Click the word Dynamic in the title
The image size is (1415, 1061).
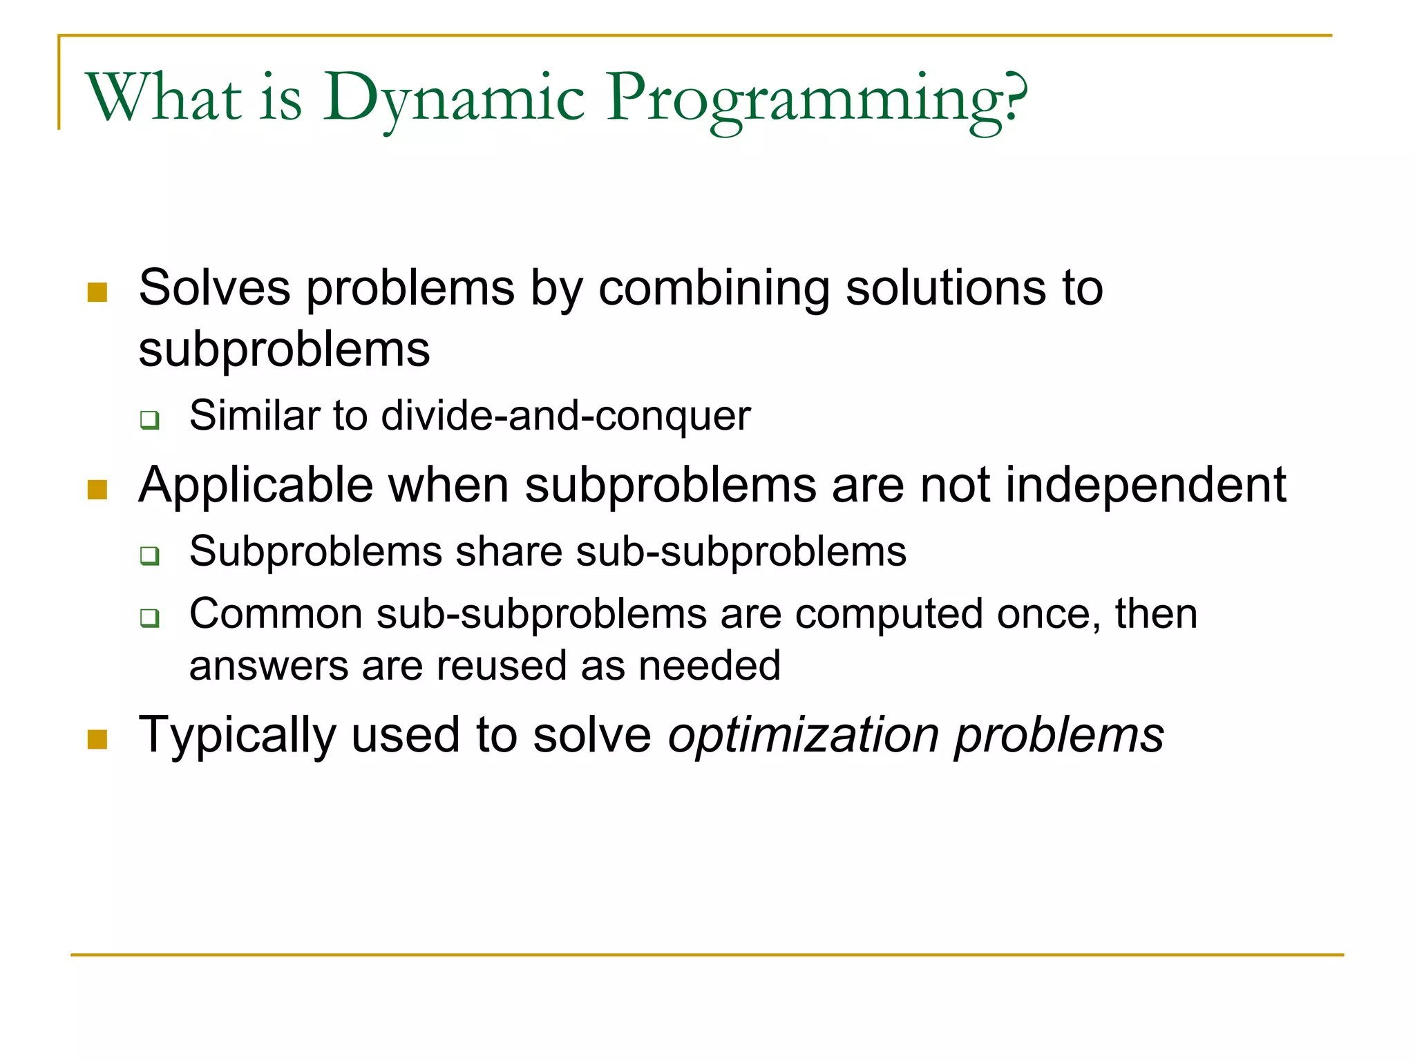(453, 98)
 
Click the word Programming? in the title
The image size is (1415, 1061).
(817, 98)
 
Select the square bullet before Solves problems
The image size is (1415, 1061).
(97, 292)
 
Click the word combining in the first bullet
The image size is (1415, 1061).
(714, 288)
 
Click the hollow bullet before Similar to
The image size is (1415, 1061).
(149, 419)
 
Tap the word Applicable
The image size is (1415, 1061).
(256, 486)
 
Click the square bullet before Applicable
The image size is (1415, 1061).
(97, 490)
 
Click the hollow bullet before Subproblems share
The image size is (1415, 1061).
(149, 555)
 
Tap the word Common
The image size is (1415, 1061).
(276, 613)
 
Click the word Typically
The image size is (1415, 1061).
(237, 735)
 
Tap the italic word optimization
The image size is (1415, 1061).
(803, 735)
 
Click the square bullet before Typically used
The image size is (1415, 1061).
(97, 739)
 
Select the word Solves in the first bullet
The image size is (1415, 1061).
(214, 288)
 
